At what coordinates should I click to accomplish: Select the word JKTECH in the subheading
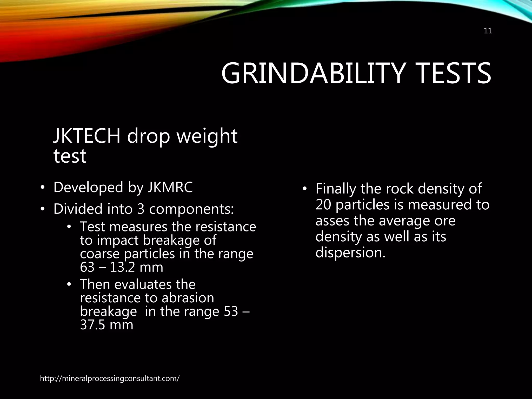pos(87,136)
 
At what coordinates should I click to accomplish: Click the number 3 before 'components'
pos(141,209)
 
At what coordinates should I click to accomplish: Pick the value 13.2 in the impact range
pos(122,267)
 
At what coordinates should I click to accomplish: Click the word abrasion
pos(188,298)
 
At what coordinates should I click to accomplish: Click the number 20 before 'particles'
pos(323,205)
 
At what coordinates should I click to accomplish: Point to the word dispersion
pos(350,252)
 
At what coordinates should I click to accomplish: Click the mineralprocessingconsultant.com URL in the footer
pos(110,378)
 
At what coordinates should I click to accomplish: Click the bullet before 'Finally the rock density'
pos(305,189)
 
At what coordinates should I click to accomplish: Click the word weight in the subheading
pos(207,136)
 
